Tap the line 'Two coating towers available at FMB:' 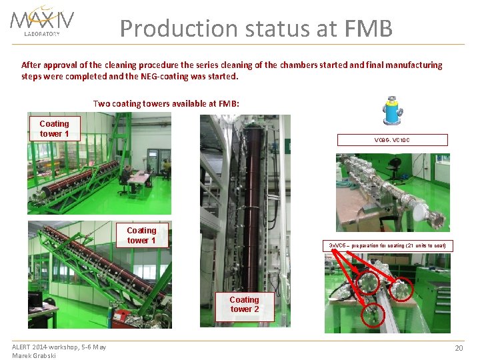pos(166,103)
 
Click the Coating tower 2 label pos(244,304)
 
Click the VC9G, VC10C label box pos(392,140)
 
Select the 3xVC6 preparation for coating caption pos(387,245)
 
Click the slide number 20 pos(459,349)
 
